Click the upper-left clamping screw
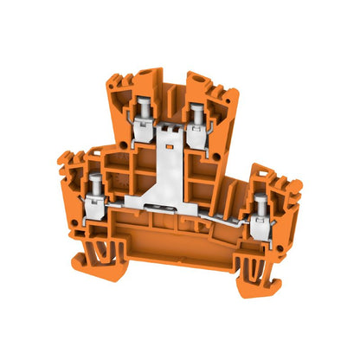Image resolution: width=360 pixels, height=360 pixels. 142,107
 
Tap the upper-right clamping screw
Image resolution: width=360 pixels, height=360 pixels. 198,110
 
